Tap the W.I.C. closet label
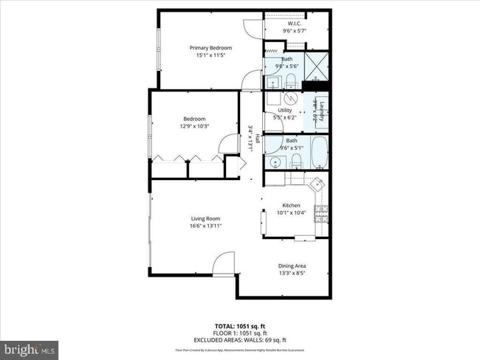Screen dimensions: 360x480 pos(295,24)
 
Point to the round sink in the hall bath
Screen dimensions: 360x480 pos(275,162)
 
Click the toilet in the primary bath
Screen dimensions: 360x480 pos(292,80)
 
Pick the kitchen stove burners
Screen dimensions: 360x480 pos(321,215)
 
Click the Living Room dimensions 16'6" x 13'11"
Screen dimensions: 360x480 pos(206,226)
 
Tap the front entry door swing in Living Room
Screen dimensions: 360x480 pos(224,264)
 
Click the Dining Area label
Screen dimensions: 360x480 pos(292,266)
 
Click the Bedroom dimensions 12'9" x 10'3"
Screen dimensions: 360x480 pos(194,126)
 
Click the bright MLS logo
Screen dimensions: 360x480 pos(30,347)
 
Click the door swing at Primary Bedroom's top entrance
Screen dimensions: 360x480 pos(253,27)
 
